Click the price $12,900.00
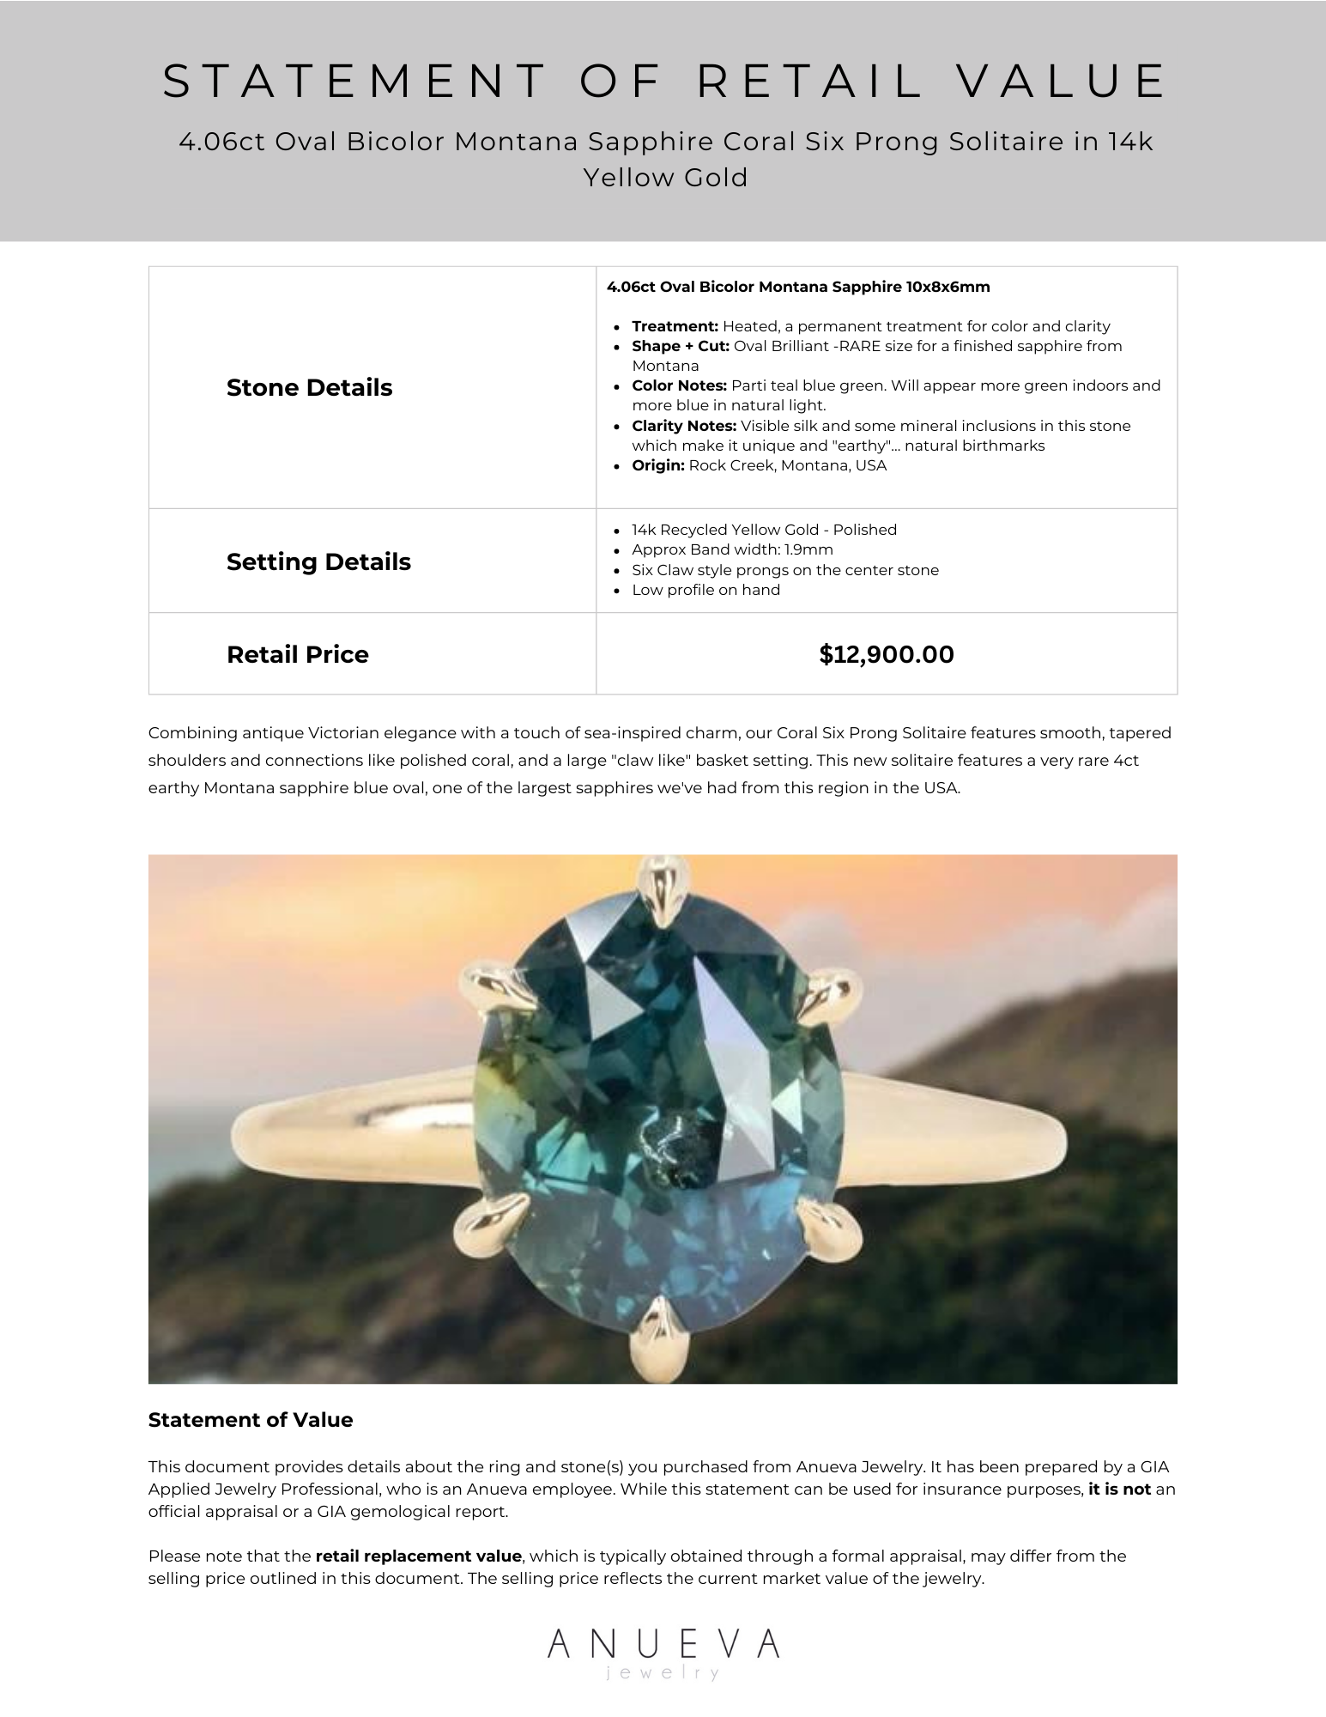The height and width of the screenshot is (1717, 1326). pos(886,654)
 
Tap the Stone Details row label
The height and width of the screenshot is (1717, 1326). pos(309,388)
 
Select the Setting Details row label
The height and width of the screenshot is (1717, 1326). pos(318,561)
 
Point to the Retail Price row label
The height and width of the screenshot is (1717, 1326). pos(297,654)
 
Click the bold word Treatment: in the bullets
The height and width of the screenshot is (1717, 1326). pos(675,326)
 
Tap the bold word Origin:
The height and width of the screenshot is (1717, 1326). pos(657,465)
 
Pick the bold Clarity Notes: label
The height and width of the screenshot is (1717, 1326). pos(684,426)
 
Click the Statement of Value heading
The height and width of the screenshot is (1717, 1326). pos(250,1420)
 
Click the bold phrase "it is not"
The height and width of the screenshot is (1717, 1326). pos(1119,1489)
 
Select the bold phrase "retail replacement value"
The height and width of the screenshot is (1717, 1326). pos(418,1556)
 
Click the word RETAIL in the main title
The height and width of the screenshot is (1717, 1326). pos(808,82)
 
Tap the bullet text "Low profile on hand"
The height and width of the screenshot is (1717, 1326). pos(705,590)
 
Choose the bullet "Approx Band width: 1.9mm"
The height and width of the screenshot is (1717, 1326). pos(732,549)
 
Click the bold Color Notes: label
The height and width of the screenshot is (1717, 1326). pos(679,385)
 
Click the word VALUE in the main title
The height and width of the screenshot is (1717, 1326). pos(1061,82)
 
